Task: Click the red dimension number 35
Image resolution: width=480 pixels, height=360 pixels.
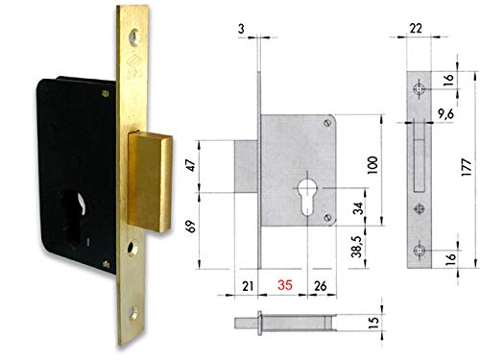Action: pyautogui.click(x=284, y=285)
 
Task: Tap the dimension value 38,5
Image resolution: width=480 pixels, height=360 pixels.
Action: pyautogui.click(x=356, y=259)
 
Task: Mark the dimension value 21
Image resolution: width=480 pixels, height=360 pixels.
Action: pyautogui.click(x=247, y=285)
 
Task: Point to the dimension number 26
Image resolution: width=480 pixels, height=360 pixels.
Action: pyautogui.click(x=321, y=285)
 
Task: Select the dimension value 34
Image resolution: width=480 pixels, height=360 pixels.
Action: pyautogui.click(x=356, y=206)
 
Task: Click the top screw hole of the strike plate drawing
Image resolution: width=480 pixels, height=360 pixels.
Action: pyautogui.click(x=420, y=89)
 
